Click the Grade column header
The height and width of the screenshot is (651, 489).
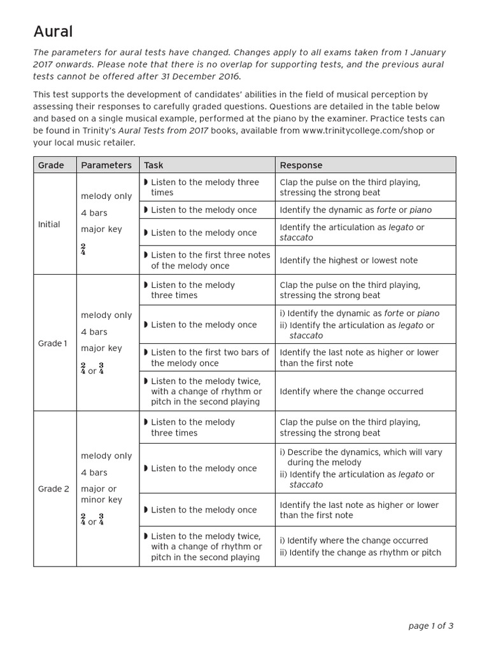51,165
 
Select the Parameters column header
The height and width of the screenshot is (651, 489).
106,165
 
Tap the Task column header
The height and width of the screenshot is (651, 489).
153,165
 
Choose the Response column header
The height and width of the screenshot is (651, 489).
301,165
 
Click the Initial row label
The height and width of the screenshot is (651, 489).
49,224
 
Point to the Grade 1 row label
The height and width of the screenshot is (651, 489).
52,343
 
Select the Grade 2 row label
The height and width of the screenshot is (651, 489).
53,489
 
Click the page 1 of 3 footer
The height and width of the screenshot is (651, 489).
430,626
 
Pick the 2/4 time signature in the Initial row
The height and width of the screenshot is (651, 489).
83,249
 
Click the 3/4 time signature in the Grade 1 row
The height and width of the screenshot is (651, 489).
101,368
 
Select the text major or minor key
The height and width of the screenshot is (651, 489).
101,494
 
